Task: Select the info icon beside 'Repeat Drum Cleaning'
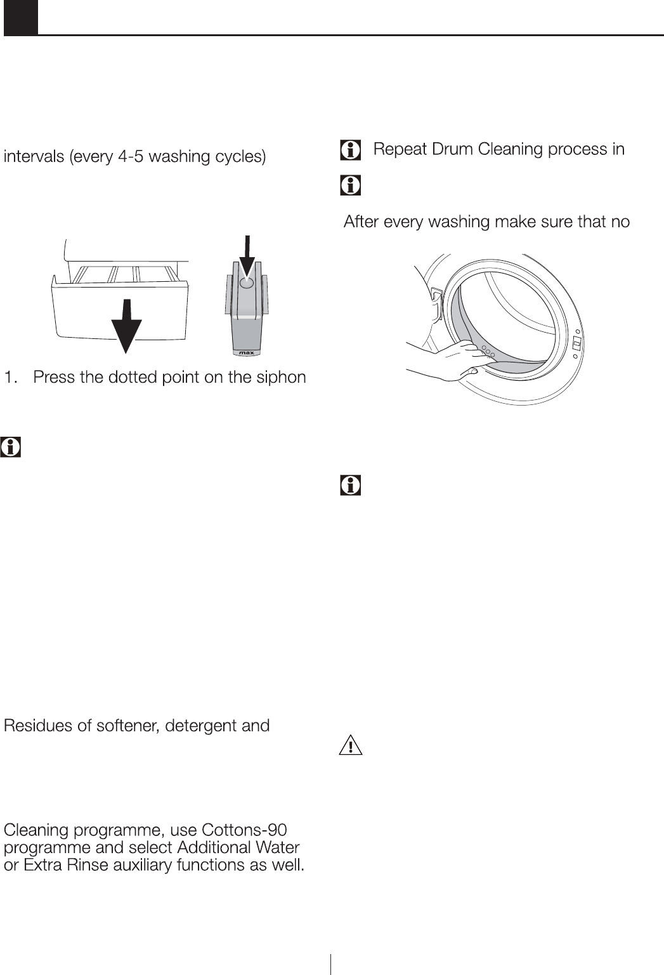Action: click(x=349, y=150)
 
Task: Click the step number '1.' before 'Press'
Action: click(x=11, y=378)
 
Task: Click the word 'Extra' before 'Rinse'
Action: click(x=41, y=865)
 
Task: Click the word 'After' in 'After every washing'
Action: click(x=363, y=222)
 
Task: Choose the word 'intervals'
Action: click(x=34, y=156)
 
